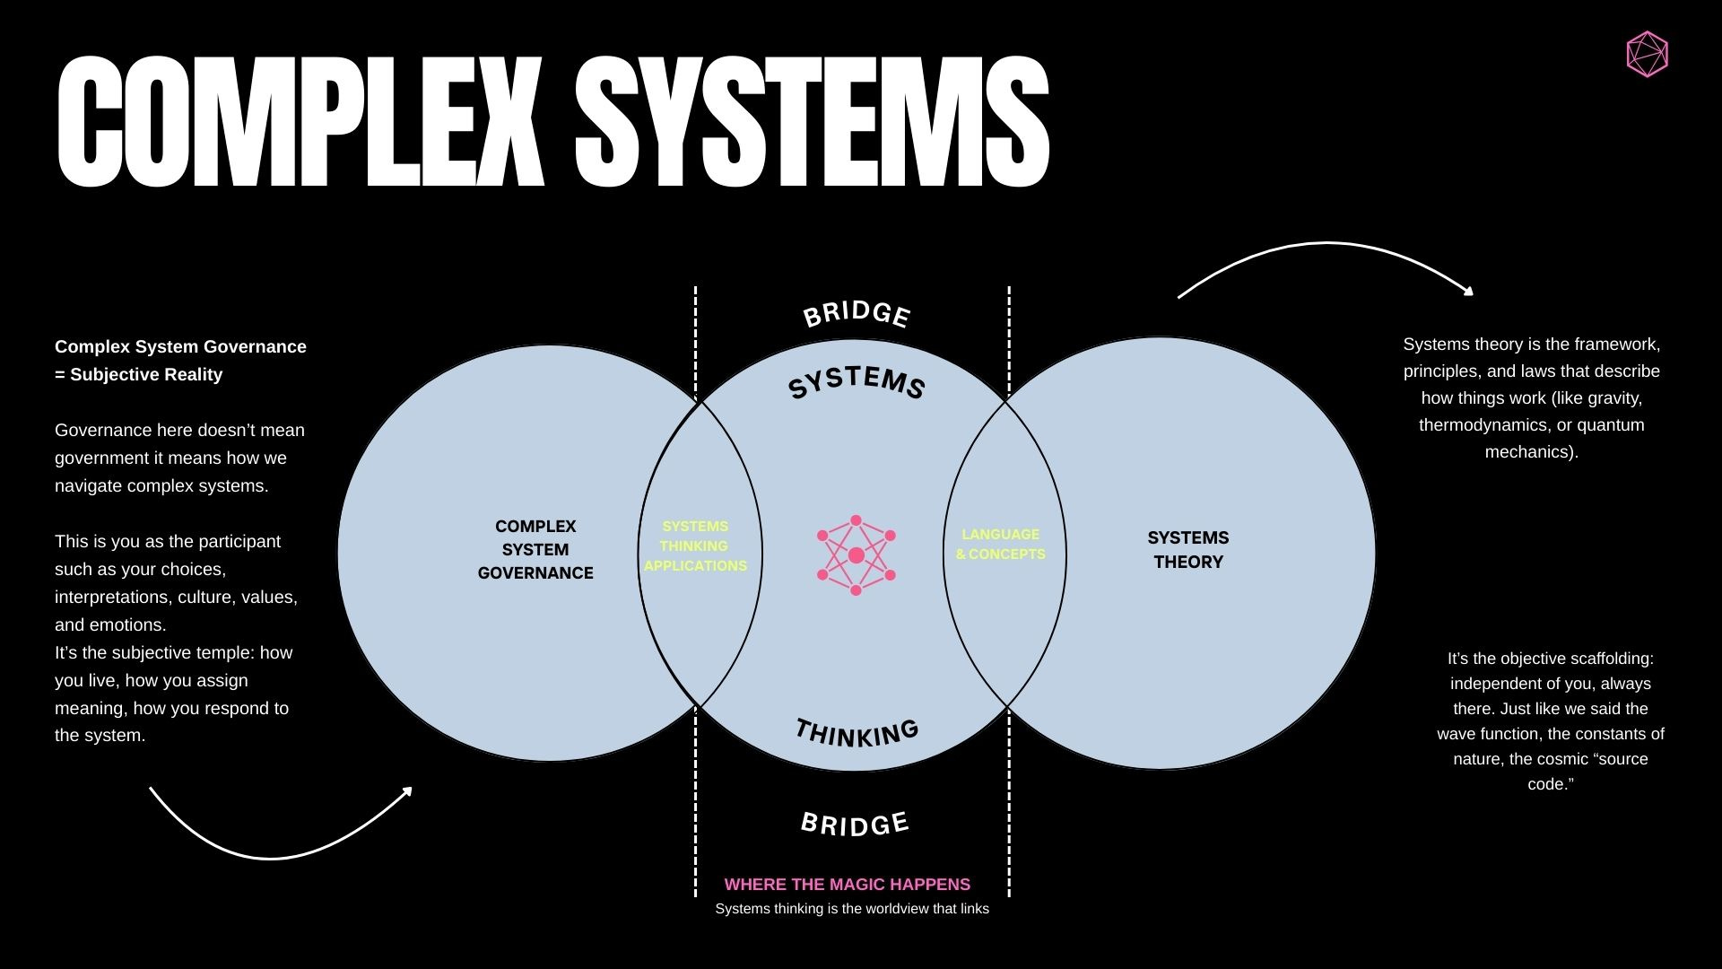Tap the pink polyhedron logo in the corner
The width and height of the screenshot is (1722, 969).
coord(1647,55)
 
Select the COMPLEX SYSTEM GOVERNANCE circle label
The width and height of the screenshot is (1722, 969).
coord(535,550)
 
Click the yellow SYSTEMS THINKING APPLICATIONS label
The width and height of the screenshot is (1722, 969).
coord(695,546)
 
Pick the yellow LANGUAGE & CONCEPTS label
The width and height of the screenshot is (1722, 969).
coord(1000,545)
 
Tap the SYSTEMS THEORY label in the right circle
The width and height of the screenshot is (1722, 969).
coord(1188,550)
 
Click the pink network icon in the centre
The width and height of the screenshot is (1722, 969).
coord(856,555)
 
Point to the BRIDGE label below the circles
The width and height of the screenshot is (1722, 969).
coord(855,824)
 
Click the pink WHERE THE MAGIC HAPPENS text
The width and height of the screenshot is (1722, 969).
coord(847,885)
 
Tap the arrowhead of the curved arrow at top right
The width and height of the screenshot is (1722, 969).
coord(1469,291)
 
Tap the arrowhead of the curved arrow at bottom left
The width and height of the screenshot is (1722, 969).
coord(408,790)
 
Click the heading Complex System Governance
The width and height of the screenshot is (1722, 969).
coord(180,347)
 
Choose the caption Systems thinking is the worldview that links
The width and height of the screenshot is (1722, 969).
coord(852,909)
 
